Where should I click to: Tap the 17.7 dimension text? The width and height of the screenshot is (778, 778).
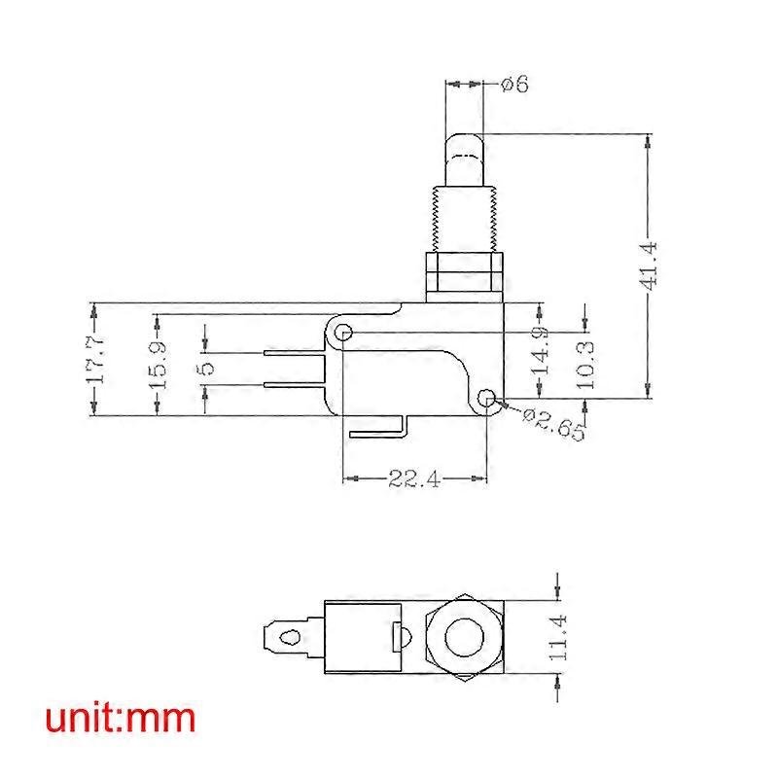[x=94, y=359]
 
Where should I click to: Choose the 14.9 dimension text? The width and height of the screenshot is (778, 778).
[x=542, y=350]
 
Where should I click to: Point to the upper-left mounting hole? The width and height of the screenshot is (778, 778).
[x=343, y=334]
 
